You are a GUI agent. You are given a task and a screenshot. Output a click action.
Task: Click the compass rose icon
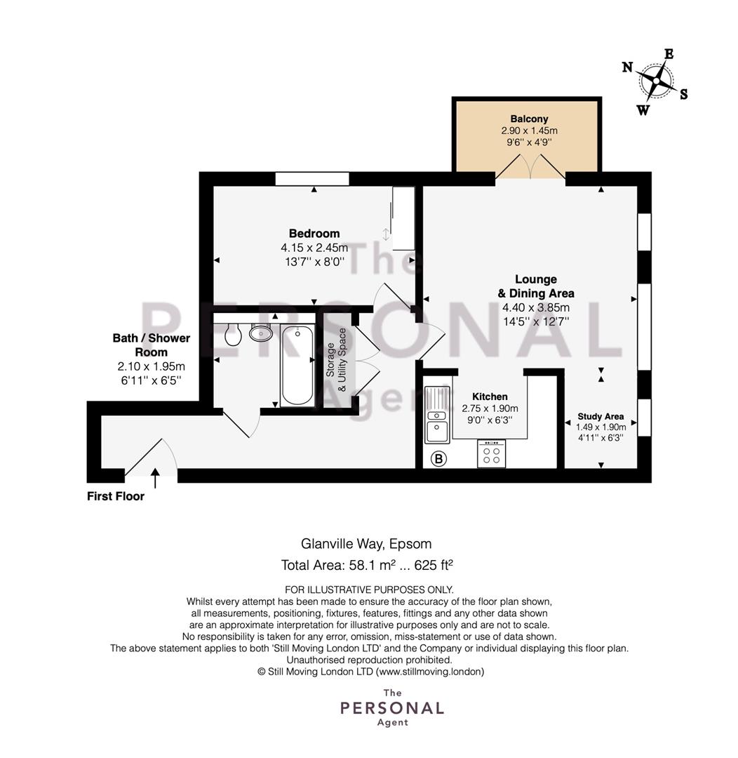655,81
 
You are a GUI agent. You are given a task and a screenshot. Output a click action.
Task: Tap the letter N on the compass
627,67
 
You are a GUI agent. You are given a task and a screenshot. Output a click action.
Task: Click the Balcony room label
529,119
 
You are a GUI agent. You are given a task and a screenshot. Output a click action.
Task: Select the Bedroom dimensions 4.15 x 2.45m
314,248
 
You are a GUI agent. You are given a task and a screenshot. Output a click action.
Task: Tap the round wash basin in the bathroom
261,332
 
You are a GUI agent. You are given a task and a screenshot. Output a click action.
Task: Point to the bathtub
297,365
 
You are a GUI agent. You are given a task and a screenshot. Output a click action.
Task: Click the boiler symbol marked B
439,458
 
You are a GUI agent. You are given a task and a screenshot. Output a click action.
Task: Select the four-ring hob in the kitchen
492,453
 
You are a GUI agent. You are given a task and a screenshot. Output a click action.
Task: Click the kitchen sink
437,414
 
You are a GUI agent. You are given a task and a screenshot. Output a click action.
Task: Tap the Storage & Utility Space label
336,360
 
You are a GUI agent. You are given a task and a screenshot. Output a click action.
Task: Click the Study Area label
601,416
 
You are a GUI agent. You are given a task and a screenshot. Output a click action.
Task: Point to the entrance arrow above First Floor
155,478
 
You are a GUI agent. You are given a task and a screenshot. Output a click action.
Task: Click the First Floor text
116,496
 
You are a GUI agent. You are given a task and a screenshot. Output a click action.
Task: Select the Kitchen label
490,397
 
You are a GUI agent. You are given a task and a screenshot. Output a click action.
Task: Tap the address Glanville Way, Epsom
366,544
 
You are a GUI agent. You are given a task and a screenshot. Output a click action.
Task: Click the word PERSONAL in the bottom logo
392,708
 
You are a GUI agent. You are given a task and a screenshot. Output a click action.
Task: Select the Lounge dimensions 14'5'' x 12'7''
536,321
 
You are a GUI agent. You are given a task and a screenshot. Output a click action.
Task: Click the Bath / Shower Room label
152,345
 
